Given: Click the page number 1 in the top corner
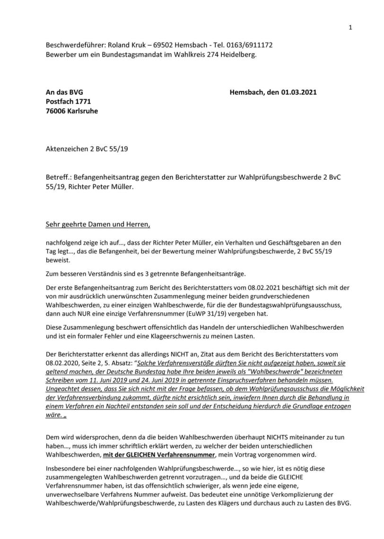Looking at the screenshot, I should pyautogui.click(x=350, y=27).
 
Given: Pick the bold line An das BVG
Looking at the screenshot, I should pyautogui.click(x=61, y=92).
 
